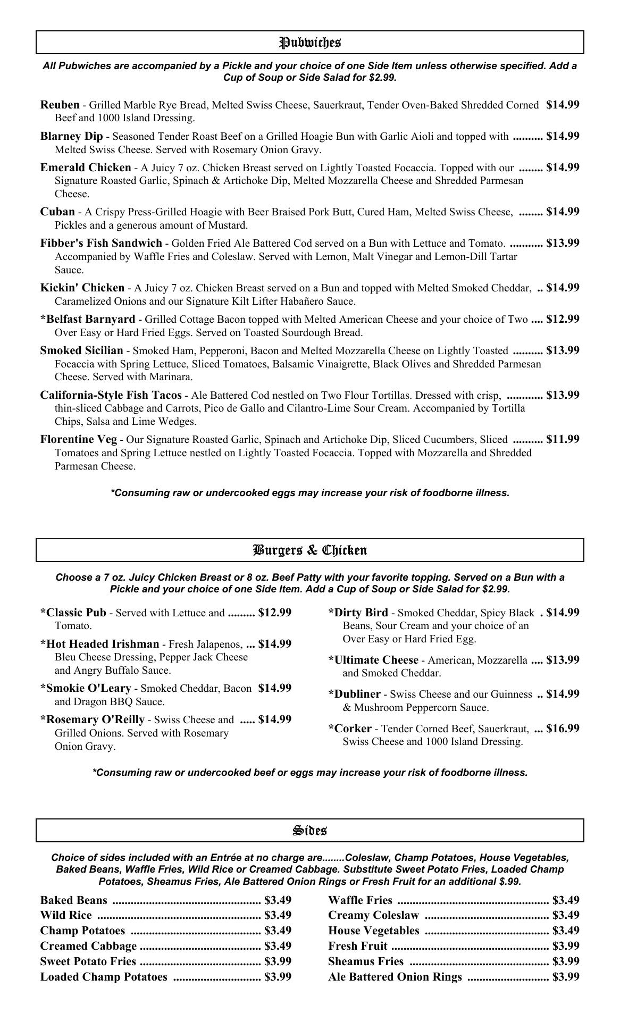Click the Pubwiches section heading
coord(310,43)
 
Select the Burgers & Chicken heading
coord(310,550)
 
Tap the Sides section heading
coord(310,830)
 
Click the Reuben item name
coord(60,105)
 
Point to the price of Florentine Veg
coord(563,439)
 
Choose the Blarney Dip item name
coord(71,136)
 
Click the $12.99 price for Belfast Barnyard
coord(563,319)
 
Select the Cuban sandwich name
coord(57,212)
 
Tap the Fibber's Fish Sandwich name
coord(101,243)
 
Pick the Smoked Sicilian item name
coord(81,350)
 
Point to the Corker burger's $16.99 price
coord(563,729)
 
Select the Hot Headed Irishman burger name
coord(99,644)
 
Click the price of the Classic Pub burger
coord(275,613)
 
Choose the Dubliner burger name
coord(354,694)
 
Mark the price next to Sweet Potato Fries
coord(278,961)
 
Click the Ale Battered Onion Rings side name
coord(395,977)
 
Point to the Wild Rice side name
coord(66,915)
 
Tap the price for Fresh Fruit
coord(566,946)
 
